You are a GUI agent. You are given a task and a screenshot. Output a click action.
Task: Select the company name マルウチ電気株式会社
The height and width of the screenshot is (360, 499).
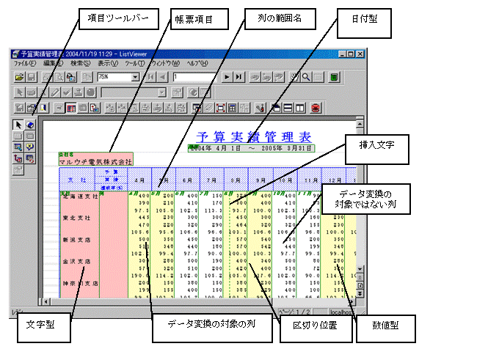95,161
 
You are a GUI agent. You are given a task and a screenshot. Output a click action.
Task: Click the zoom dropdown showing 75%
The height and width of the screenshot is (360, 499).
114,76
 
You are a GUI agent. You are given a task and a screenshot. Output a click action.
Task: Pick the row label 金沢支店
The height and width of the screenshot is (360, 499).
77,260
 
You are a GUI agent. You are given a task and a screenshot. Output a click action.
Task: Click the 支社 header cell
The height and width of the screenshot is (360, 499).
77,179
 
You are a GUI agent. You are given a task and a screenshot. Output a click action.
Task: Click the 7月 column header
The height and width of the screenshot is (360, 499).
213,179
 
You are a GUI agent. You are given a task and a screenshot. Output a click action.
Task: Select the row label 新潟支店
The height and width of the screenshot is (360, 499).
77,239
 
